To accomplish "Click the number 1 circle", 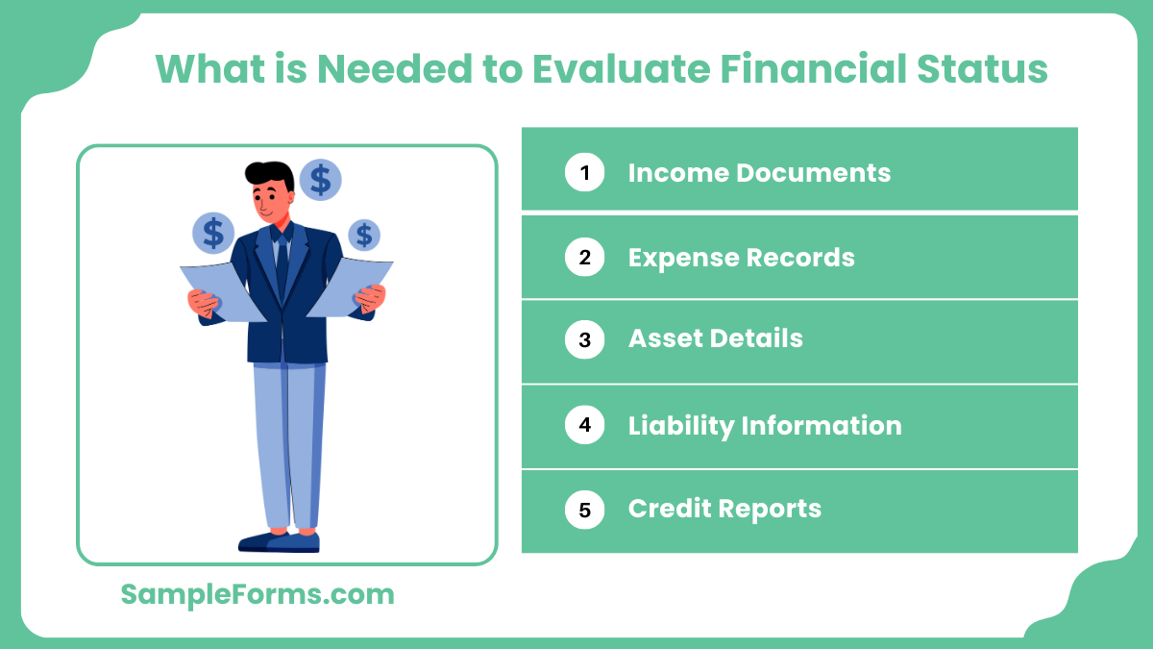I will pyautogui.click(x=584, y=173).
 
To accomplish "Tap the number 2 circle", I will pyautogui.click(x=584, y=258).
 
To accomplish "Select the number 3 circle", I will pyautogui.click(x=584, y=339).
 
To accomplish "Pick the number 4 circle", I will pyautogui.click(x=584, y=425).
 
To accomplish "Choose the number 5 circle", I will pyautogui.click(x=584, y=509).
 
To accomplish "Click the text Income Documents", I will pyautogui.click(x=759, y=173).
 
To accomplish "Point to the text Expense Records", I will pyautogui.click(x=741, y=258).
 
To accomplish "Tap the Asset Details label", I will pyautogui.click(x=715, y=339).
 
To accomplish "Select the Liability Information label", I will pyautogui.click(x=765, y=425).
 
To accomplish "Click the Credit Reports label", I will pyautogui.click(x=724, y=509).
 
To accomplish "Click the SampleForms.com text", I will pyautogui.click(x=258, y=594).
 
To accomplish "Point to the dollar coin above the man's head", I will pyautogui.click(x=320, y=179).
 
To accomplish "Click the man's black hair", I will pyautogui.click(x=268, y=174).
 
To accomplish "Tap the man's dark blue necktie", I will pyautogui.click(x=282, y=264).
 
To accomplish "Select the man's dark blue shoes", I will pyautogui.click(x=280, y=541).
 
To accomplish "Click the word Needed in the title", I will pyautogui.click(x=389, y=69).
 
